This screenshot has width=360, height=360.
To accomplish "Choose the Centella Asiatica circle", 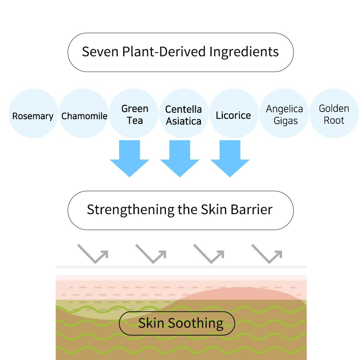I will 184,114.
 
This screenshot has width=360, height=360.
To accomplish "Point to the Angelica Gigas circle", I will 284,114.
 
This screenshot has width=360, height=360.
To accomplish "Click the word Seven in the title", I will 100,52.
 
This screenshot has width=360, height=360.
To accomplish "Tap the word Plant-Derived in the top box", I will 164,52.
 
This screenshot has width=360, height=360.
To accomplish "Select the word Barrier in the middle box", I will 252,210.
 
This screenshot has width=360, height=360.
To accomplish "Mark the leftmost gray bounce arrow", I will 93,253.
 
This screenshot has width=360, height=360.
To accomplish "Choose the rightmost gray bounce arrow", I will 267,253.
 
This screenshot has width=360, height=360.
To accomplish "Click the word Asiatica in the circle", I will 184,121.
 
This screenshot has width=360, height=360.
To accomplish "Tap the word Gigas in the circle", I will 285,121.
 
